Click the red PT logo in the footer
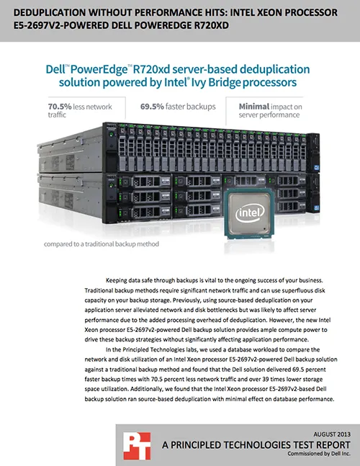click(137, 446)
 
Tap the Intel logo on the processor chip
click(250, 213)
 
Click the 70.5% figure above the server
click(60, 107)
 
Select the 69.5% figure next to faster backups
click(152, 107)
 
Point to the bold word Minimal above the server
click(254, 107)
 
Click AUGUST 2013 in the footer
click(332, 434)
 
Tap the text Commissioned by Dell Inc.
click(319, 454)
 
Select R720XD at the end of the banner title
click(212, 25)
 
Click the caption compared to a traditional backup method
click(102, 244)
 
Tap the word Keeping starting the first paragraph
click(117, 281)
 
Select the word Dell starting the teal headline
click(55, 70)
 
